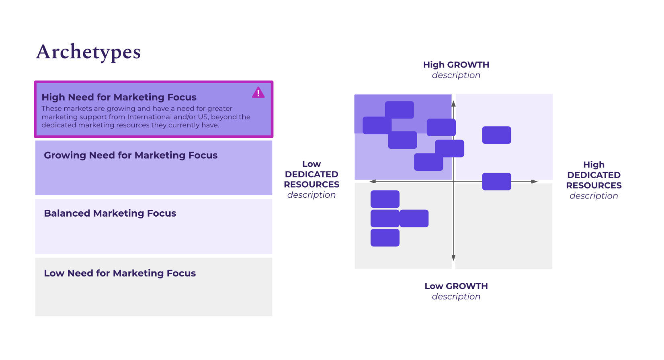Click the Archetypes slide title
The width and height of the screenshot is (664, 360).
tap(88, 52)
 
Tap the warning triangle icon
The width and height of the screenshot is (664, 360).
tap(258, 93)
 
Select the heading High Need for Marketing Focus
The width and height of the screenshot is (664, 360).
tap(119, 97)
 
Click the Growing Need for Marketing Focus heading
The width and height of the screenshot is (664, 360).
tap(131, 155)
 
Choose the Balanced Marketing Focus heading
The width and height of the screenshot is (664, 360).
tap(110, 213)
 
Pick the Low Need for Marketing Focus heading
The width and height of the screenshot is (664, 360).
tap(120, 273)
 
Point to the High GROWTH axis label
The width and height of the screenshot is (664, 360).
tap(456, 65)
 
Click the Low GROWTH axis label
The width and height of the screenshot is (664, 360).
tap(456, 286)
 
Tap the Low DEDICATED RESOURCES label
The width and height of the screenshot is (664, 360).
tap(312, 174)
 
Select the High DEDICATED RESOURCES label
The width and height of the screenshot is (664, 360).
tap(594, 175)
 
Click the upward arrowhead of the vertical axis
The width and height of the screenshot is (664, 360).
tap(453, 104)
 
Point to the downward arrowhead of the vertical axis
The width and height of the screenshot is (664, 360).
tap(453, 258)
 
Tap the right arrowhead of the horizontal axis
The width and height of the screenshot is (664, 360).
tap(534, 182)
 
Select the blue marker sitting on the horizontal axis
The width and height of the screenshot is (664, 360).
tap(496, 182)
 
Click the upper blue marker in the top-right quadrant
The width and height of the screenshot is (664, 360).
tap(496, 135)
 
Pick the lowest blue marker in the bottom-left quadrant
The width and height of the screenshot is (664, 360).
tap(385, 238)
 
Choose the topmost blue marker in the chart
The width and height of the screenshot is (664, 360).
tap(399, 110)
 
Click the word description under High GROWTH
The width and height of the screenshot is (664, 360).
tap(456, 75)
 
